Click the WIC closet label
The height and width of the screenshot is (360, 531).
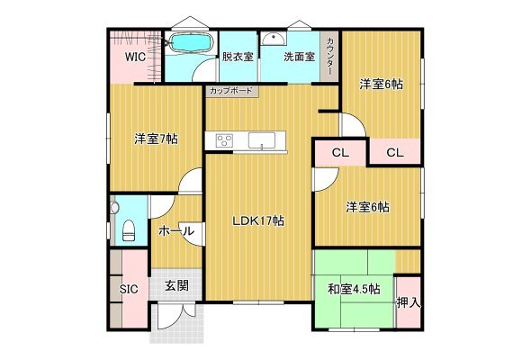[x=136, y=57]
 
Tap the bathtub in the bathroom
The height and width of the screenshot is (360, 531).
[x=191, y=42]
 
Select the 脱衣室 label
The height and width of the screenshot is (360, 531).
[x=238, y=57]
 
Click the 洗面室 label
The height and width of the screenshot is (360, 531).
[x=300, y=57]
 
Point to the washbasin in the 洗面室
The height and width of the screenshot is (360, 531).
[x=274, y=39]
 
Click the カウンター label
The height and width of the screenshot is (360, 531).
[x=329, y=56]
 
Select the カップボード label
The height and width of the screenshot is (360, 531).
[x=231, y=91]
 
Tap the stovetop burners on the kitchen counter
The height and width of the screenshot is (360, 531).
[x=224, y=140]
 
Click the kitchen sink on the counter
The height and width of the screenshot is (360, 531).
[x=262, y=140]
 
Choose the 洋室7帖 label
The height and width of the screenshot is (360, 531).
[x=156, y=139]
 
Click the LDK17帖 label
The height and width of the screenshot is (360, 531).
[x=258, y=220]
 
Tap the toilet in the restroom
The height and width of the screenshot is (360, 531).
[x=129, y=230]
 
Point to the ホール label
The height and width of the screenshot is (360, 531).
[x=176, y=231]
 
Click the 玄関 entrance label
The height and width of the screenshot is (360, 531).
[x=176, y=286]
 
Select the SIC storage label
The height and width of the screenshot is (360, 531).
[x=129, y=289]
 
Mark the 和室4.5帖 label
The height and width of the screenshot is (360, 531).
[x=354, y=289]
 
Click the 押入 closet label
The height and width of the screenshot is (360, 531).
[x=409, y=303]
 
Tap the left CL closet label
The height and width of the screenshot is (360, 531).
[x=340, y=153]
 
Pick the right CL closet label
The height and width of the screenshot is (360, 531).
[x=395, y=153]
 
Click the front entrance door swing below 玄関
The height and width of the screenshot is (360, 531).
[x=175, y=317]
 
